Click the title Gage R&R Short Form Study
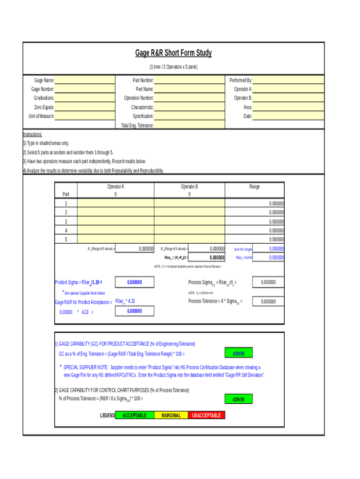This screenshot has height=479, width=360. tap(173, 53)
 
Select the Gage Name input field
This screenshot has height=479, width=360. tap(85, 80)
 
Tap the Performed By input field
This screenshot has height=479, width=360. tap(288, 80)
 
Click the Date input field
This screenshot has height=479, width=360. tap(288, 116)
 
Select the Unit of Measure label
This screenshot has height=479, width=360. tap(41, 116)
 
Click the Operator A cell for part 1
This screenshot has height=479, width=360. tap(115, 203)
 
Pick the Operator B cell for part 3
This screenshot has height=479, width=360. tap(189, 221)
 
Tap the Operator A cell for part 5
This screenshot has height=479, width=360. tap(115, 239)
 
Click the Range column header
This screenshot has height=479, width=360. tap(254, 187)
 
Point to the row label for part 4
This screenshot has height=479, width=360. tap(66, 231)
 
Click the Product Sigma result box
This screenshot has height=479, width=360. tap(134, 283)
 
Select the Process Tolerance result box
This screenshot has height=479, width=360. tap(268, 302)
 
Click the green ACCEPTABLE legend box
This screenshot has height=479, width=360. tap(134, 415)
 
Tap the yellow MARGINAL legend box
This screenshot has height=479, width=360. tap(171, 415)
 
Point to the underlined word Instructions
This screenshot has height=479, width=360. tap(33, 134)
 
